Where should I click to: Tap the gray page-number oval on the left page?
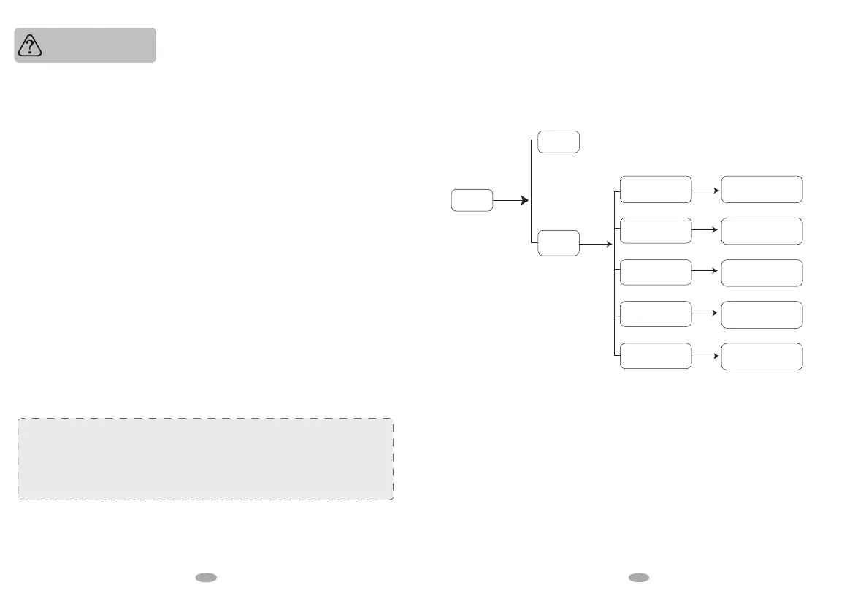coord(207,577)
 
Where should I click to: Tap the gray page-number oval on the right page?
coord(639,577)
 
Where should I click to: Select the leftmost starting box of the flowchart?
coord(472,200)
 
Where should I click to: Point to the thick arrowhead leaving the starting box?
coord(524,200)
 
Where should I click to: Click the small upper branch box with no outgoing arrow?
coord(559,142)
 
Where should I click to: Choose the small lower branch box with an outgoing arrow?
coord(559,243)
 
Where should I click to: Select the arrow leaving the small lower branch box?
coord(597,243)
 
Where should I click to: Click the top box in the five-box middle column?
coord(655,189)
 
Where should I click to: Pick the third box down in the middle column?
coord(655,272)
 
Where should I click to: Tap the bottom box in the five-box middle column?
coord(655,356)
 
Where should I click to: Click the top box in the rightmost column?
coord(762,189)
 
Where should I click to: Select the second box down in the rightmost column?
coord(762,231)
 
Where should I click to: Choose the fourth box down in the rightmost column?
coord(762,314)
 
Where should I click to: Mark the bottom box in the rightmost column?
coord(762,356)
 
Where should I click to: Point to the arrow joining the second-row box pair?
coord(706,231)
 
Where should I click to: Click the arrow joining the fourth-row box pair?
coord(706,314)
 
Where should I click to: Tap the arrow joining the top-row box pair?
coord(706,189)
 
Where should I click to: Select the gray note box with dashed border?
coord(205,459)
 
